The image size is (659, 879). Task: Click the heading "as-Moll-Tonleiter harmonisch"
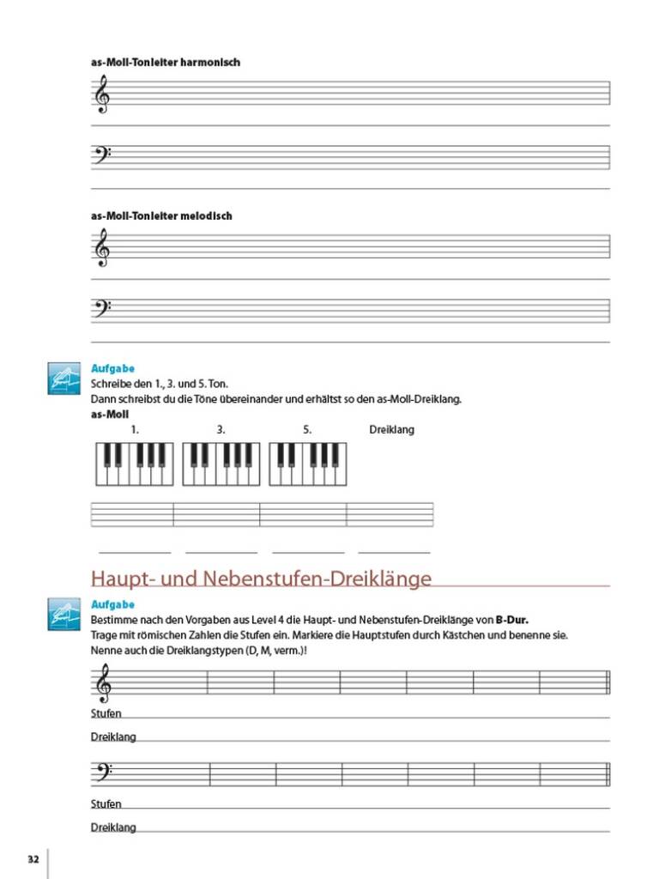pos(165,63)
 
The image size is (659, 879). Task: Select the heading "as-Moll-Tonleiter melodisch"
pos(161,216)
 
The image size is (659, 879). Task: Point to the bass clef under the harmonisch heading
pos(101,156)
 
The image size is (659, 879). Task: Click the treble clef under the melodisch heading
pos(101,247)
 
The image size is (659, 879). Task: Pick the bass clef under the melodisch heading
pos(101,309)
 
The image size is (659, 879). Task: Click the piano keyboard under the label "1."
pos(133,464)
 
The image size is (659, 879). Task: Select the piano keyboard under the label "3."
pos(221,464)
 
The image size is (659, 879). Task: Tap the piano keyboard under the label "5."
pos(308,464)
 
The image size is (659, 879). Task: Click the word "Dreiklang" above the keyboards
pos(391,429)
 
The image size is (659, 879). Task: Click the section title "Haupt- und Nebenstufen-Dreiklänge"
pos(261,579)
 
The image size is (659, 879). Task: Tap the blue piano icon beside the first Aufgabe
pos(64,379)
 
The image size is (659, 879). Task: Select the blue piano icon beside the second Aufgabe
pos(64,615)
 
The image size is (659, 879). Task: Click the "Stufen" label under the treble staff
pos(106,713)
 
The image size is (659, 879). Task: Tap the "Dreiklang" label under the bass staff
pos(113,827)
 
